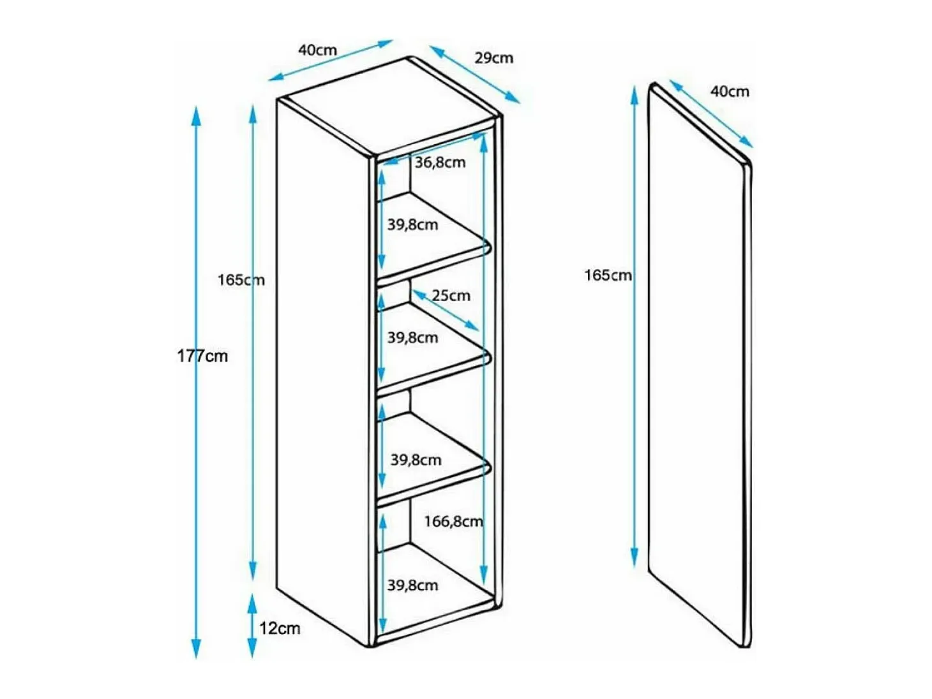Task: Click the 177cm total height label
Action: click(x=202, y=357)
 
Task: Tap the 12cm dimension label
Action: click(x=280, y=628)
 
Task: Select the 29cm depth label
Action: click(x=494, y=58)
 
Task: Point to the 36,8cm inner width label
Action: click(x=440, y=163)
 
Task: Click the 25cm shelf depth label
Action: click(x=451, y=296)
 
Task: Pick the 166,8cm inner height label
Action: click(x=453, y=521)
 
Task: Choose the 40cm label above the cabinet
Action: click(x=318, y=50)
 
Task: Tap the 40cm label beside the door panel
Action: click(x=730, y=92)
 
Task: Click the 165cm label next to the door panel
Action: click(x=608, y=276)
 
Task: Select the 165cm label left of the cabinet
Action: click(x=241, y=280)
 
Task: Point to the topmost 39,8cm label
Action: click(x=412, y=224)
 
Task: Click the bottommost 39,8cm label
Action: click(x=412, y=585)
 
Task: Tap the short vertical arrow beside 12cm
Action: click(x=252, y=626)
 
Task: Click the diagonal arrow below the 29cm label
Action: click(x=475, y=75)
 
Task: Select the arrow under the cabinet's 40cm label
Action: click(x=331, y=60)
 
